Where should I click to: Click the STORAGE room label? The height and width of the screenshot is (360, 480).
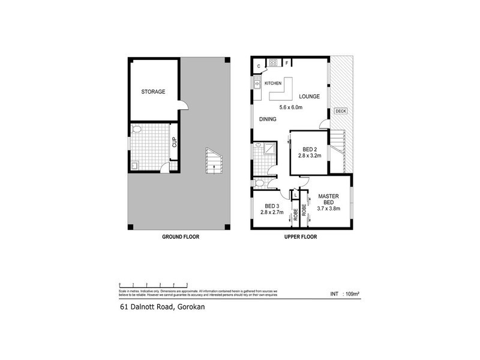pyautogui.click(x=153, y=92)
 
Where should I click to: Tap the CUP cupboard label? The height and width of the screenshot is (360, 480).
pyautogui.click(x=175, y=143)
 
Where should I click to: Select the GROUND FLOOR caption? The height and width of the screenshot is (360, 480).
pyautogui.click(x=180, y=237)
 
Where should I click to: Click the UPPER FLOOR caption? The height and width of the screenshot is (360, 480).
pyautogui.click(x=300, y=237)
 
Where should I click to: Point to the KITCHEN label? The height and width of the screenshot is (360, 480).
pyautogui.click(x=273, y=83)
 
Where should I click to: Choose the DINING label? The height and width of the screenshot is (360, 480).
pyautogui.click(x=268, y=119)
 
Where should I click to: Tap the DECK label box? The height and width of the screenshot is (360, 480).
pyautogui.click(x=341, y=111)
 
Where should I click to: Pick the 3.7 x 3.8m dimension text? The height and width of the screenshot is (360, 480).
pyautogui.click(x=329, y=209)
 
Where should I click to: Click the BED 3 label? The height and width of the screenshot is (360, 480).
pyautogui.click(x=272, y=205)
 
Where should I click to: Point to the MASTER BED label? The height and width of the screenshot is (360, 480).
pyautogui.click(x=329, y=199)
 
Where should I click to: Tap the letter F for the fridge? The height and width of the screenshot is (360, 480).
pyautogui.click(x=287, y=63)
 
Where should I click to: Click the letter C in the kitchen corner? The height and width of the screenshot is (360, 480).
pyautogui.click(x=259, y=65)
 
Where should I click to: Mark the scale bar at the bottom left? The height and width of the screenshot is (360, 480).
pyautogui.click(x=154, y=283)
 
